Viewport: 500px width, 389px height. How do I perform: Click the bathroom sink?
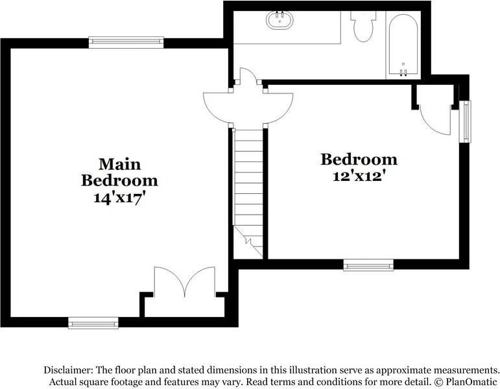coord(280,20)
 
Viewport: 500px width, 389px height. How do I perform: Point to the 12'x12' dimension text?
coord(359,176)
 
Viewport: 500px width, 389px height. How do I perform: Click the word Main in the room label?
coord(119,163)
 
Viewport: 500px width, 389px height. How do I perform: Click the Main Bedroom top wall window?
coord(126,42)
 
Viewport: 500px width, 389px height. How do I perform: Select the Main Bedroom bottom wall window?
coord(93,322)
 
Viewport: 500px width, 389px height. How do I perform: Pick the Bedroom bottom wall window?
coord(368,265)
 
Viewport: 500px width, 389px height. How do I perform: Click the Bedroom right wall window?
coord(465,121)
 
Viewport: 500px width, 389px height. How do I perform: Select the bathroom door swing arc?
coord(248,77)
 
